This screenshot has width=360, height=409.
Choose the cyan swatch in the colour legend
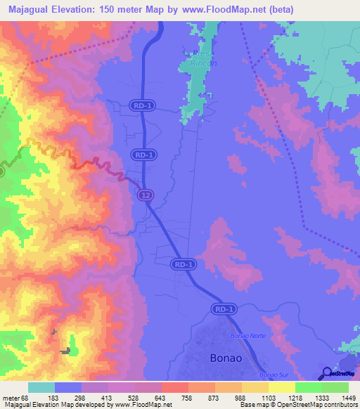pyautogui.click(x=41, y=387)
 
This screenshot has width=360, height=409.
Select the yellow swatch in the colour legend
pyautogui.click(x=282, y=387)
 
